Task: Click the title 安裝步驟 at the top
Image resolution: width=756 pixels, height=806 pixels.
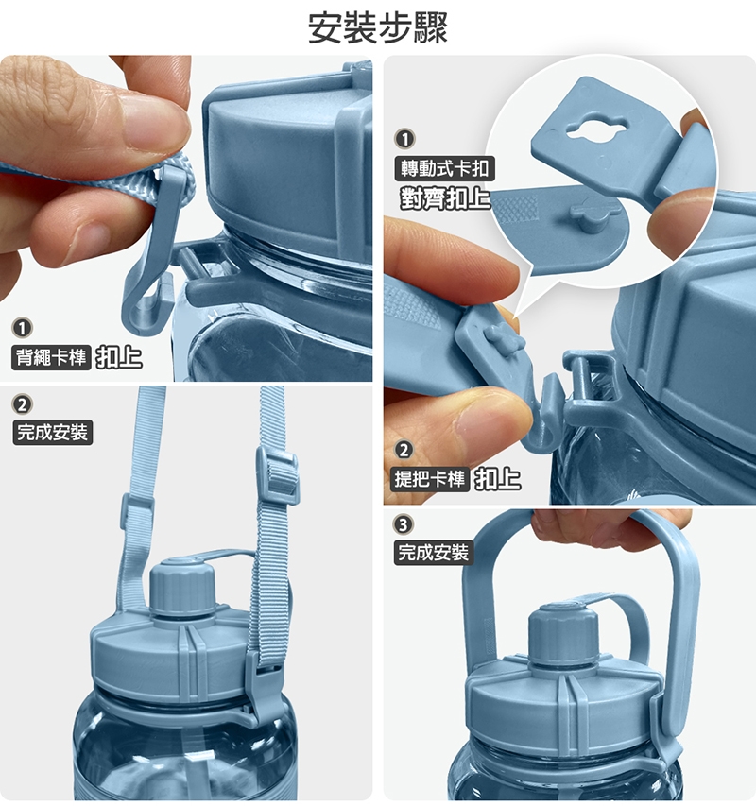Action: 378,28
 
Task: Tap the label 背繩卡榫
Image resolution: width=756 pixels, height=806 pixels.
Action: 51,357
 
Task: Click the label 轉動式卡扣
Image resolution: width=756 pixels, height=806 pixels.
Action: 444,168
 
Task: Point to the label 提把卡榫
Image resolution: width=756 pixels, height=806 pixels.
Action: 430,479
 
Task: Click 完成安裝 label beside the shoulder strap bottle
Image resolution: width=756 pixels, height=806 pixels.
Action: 52,433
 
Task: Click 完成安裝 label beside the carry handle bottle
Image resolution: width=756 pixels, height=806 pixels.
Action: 433,553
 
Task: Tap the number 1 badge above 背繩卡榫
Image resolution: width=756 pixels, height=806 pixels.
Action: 22,328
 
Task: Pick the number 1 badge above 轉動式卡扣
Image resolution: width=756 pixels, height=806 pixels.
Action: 404,139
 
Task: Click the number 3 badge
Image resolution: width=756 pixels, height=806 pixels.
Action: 403,524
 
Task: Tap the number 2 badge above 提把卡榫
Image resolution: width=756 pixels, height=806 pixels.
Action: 404,451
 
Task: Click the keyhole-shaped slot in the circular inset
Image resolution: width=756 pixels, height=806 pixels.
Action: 597,127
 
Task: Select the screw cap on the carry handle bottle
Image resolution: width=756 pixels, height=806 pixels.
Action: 563,633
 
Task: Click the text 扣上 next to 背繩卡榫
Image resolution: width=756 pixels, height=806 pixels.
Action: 119,357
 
